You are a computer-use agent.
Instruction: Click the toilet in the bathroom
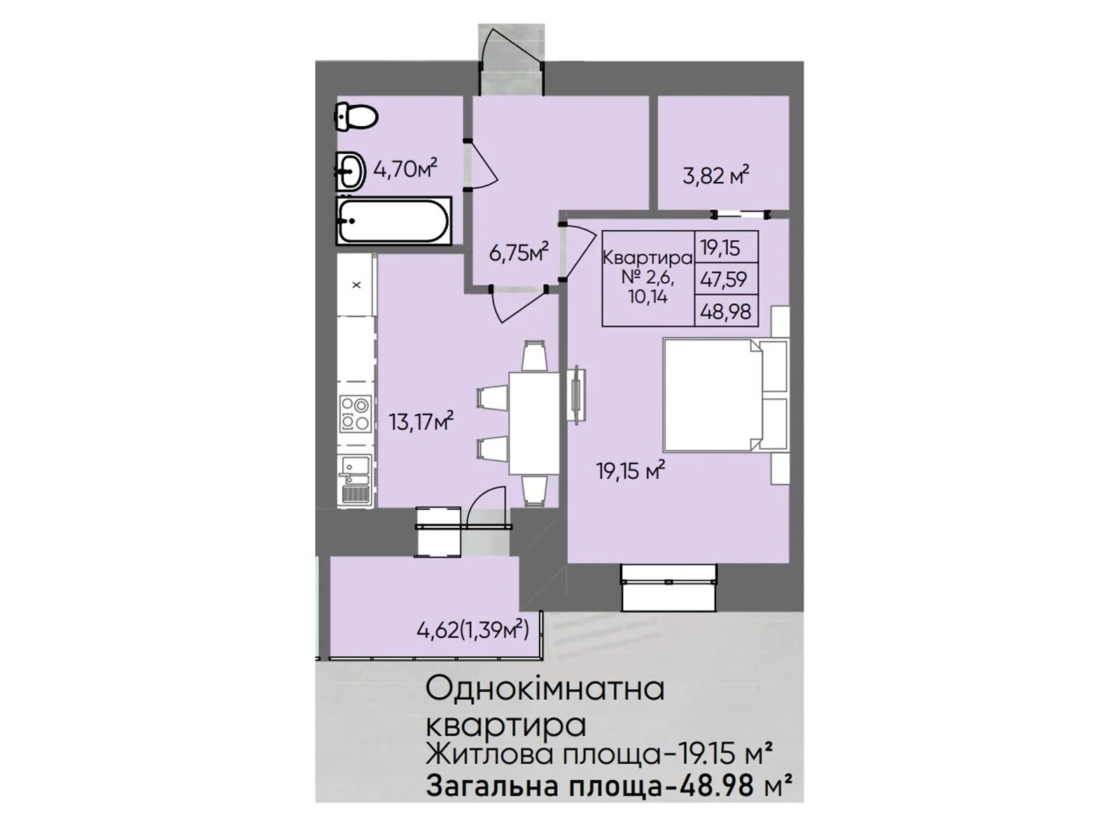pos(356,115)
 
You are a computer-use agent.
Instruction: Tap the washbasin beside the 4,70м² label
pos(350,171)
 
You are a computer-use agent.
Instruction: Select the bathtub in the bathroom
pos(393,220)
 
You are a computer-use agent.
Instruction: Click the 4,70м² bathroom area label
pos(405,168)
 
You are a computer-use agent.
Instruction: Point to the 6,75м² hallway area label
pos(519,252)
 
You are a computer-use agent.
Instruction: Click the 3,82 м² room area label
pos(715,176)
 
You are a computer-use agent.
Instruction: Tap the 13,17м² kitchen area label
pos(421,422)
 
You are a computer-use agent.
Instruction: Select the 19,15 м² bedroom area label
pos(631,470)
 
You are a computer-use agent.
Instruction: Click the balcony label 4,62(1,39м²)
pos(472,630)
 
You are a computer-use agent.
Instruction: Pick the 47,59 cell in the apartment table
pos(724,279)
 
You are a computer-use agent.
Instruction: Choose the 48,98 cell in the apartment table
pos(726,311)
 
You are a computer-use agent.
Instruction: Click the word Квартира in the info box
pos(647,258)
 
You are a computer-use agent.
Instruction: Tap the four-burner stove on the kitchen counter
pos(355,414)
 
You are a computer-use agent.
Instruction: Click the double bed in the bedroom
pos(724,395)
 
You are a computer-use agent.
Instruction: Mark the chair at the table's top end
pos(534,356)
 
